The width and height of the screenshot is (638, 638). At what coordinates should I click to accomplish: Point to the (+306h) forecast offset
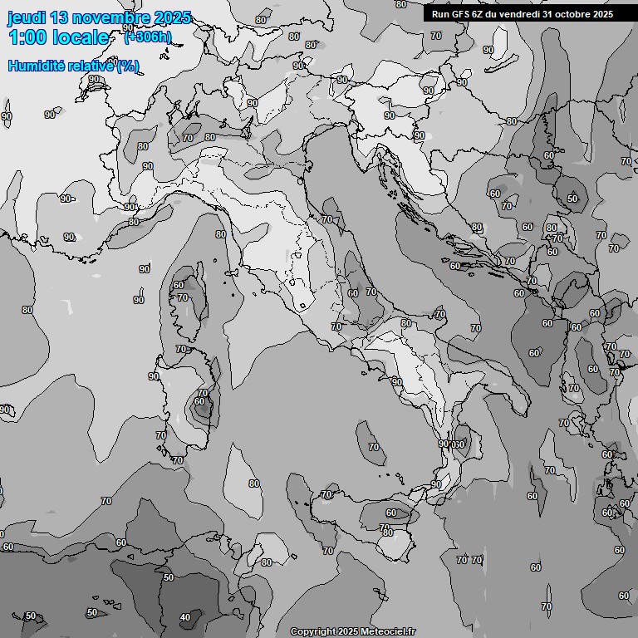[x=147, y=37]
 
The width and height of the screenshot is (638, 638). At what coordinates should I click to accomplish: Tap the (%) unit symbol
[x=128, y=66]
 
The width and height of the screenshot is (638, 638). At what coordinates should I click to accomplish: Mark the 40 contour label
[x=184, y=617]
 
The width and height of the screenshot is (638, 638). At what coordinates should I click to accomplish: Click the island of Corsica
[x=189, y=295]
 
